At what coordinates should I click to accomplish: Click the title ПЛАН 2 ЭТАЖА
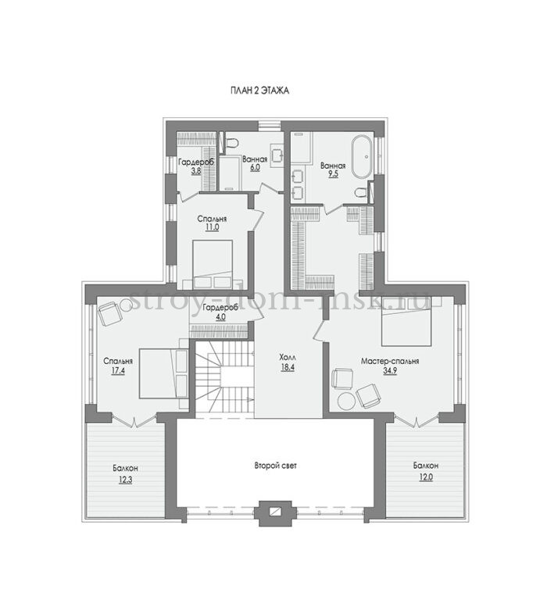pos(259,91)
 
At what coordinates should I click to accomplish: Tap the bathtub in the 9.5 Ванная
pos(362,156)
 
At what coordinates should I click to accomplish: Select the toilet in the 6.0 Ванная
pos(231,143)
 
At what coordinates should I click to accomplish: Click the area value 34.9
pos(390,370)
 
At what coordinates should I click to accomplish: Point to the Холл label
pos(288,357)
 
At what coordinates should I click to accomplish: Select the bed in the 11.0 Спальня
pos(213,264)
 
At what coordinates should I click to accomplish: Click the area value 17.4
pos(118,370)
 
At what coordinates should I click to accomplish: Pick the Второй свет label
pos(276,466)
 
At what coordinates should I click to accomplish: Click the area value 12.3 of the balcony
pos(125,480)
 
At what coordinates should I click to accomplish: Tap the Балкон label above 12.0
pos(426,466)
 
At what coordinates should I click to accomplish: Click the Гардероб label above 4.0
pos(220,307)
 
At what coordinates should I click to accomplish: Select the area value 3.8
pos(196,170)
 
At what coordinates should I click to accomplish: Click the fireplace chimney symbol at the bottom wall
pos(275,512)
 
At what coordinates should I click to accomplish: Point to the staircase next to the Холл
pos(224,377)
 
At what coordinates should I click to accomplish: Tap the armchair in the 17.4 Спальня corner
pos(110,313)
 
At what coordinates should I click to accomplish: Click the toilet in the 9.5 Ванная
pos(360,192)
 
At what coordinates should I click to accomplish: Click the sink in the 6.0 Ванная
pos(277,155)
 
